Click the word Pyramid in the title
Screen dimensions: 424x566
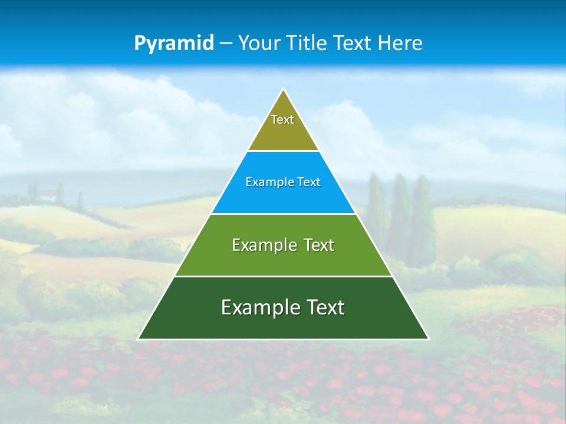pos(174,44)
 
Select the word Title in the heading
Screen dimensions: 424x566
pos(309,44)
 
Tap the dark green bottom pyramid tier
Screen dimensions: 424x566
pos(283,324)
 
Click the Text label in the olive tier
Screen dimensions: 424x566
pos(282,120)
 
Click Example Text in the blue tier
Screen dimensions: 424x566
pos(283,182)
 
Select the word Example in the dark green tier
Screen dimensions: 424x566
pos(254,307)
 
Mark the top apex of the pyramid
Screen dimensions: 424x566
pos(284,90)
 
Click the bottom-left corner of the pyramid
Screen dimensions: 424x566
pos(139,339)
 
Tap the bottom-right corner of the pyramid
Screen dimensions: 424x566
pos(428,339)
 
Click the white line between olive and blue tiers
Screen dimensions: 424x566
pos(283,151)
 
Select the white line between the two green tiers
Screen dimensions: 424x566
pos(283,276)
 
